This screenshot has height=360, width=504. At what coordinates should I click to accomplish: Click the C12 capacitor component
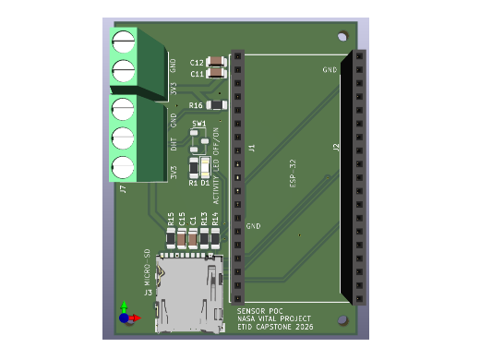216,62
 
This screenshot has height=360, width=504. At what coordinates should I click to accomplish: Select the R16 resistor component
216,106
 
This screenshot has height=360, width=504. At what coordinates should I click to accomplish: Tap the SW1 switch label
198,124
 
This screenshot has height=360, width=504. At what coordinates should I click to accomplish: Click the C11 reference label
197,74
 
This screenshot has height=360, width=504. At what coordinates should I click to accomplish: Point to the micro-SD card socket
189,294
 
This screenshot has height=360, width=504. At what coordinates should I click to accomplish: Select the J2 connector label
337,148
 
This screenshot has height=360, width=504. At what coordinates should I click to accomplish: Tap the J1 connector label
252,148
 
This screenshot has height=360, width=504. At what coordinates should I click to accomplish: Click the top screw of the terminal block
123,42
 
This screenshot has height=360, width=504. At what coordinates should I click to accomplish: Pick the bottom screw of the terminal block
123,167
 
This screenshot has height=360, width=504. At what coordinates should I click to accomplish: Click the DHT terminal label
174,145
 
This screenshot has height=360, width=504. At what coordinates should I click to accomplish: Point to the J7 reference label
123,189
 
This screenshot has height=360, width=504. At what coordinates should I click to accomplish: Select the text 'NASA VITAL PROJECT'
274,318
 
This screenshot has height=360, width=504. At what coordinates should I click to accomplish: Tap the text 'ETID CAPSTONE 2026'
275,327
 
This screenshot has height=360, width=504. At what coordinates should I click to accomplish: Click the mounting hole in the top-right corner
342,37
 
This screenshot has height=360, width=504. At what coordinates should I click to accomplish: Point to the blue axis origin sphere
124,318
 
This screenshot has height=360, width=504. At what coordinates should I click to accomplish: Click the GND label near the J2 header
330,70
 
